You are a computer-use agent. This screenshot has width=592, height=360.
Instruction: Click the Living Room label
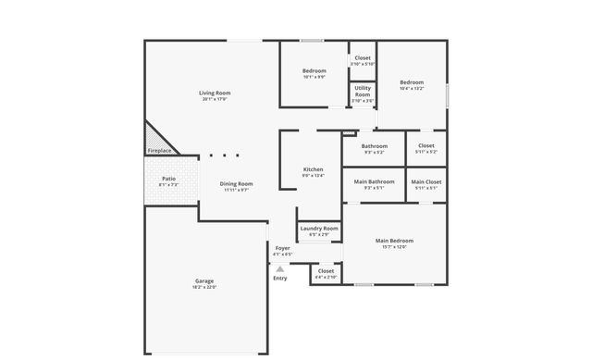click(x=215, y=93)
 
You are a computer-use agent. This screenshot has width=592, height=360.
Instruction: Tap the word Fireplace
click(x=159, y=151)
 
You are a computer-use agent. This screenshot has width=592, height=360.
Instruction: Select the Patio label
click(x=168, y=179)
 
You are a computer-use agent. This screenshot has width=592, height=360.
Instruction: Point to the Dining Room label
click(x=236, y=183)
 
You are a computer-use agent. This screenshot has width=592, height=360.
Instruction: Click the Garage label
click(x=204, y=280)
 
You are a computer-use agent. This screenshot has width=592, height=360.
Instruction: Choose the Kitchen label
click(x=314, y=169)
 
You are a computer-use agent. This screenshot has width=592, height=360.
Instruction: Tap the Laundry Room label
click(x=319, y=228)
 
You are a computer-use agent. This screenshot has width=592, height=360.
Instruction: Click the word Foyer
click(x=282, y=248)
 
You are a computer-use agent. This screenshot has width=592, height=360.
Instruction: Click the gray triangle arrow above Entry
click(x=279, y=268)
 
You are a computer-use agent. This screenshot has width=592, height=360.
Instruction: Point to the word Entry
click(x=279, y=278)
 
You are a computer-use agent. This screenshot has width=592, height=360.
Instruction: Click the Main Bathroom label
click(x=375, y=181)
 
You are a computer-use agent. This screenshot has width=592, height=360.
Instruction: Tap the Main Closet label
click(x=426, y=181)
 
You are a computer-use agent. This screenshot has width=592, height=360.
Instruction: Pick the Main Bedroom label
click(x=394, y=241)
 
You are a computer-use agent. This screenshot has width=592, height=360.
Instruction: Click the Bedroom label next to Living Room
click(x=314, y=71)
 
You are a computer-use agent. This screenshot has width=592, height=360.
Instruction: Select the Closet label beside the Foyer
click(x=327, y=271)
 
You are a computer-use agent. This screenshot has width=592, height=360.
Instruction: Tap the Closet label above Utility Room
click(x=363, y=58)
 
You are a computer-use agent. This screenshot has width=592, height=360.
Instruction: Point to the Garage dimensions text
click(x=204, y=287)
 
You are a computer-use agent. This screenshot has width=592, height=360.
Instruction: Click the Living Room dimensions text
click(x=215, y=99)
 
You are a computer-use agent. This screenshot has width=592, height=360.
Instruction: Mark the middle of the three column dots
click(x=223, y=155)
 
